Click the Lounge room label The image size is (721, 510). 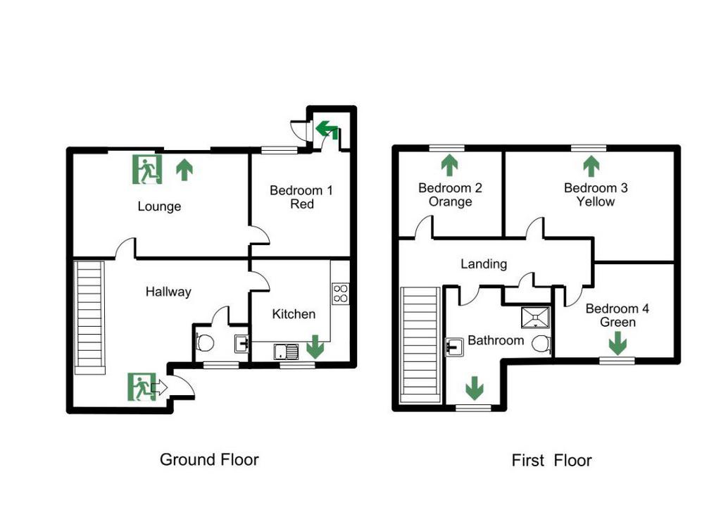coord(159,206)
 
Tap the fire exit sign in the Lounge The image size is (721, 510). coord(147,169)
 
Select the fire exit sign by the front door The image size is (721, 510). coord(142,387)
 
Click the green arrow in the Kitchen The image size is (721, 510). coord(315,347)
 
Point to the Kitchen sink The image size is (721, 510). coord(286,352)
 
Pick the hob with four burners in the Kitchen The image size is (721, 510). coord(340,294)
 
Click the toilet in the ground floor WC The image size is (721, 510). coord(205,342)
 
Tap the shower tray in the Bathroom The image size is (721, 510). coord(535,317)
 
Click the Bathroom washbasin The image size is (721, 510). coord(454,347)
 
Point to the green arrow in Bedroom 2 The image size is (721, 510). coord(449,166)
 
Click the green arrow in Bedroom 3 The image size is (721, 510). coord(591,166)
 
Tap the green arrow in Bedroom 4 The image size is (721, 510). coord(617,344)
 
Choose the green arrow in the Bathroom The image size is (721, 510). coord(474,388)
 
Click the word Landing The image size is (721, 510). coord(484,263)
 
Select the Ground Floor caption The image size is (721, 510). coord(209,459)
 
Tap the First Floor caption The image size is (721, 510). coord(551,460)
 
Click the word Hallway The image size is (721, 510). coord(168,292)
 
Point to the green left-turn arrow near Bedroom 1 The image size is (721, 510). coord(327,130)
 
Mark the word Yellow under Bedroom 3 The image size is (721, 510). coord(596,201)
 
